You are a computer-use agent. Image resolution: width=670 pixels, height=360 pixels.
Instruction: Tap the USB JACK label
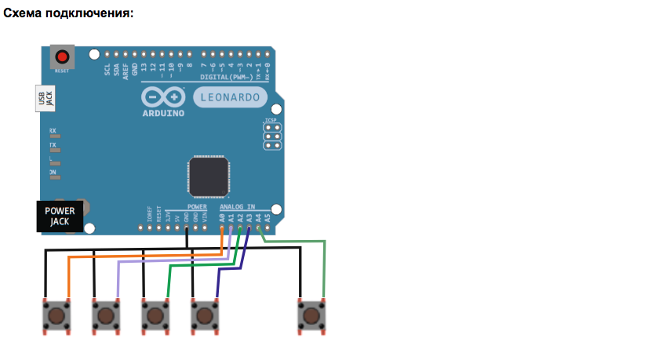(46, 97)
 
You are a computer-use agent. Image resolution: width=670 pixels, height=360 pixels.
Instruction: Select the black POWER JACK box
(60, 216)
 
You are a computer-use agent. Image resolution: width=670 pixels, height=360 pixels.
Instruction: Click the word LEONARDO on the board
(230, 98)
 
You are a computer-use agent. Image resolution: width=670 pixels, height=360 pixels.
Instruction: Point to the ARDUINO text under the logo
(164, 113)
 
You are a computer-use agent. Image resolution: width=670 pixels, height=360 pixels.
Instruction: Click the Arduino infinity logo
(163, 97)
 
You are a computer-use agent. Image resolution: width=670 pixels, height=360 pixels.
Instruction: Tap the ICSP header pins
(272, 140)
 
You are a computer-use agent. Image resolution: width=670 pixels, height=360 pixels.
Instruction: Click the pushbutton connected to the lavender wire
(105, 316)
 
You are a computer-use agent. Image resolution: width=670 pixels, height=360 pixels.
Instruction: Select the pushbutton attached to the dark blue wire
(205, 316)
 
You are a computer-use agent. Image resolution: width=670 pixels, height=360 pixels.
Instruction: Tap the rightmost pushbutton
(311, 316)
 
